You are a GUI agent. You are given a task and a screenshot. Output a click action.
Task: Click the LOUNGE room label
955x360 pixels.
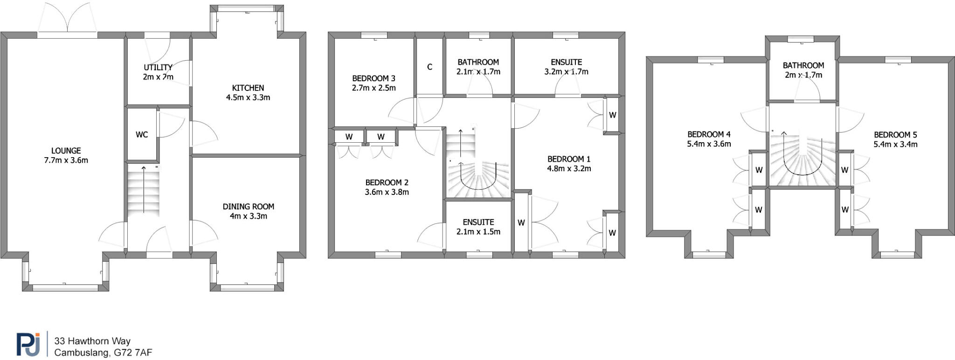pos(66,151)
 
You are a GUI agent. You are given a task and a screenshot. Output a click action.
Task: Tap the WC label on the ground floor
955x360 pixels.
pos(142,135)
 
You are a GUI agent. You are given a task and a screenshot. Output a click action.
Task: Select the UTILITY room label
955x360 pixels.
pos(158,68)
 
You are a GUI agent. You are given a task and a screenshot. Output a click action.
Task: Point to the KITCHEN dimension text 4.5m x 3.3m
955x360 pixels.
pos(248,97)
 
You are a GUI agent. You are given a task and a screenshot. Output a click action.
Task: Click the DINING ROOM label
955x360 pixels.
pos(248,207)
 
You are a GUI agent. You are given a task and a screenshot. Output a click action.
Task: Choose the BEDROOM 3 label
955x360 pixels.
pos(374,78)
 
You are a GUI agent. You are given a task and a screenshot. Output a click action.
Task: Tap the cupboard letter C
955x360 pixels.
pos(429,67)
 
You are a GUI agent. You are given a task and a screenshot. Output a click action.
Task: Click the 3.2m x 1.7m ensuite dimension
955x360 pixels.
pos(566,72)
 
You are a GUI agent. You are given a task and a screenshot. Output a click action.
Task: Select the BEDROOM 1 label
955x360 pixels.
pos(568,159)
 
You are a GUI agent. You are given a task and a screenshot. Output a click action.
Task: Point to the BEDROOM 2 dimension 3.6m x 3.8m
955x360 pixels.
pos(387,192)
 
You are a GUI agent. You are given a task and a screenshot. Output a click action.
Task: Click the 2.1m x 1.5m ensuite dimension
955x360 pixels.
pos(478,232)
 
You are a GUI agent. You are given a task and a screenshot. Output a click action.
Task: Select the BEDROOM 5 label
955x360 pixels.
pos(895,135)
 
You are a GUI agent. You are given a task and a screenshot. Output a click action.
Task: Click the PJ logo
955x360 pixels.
pos(28,344)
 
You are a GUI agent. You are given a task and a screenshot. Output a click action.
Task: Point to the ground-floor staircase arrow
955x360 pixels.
pos(144,189)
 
